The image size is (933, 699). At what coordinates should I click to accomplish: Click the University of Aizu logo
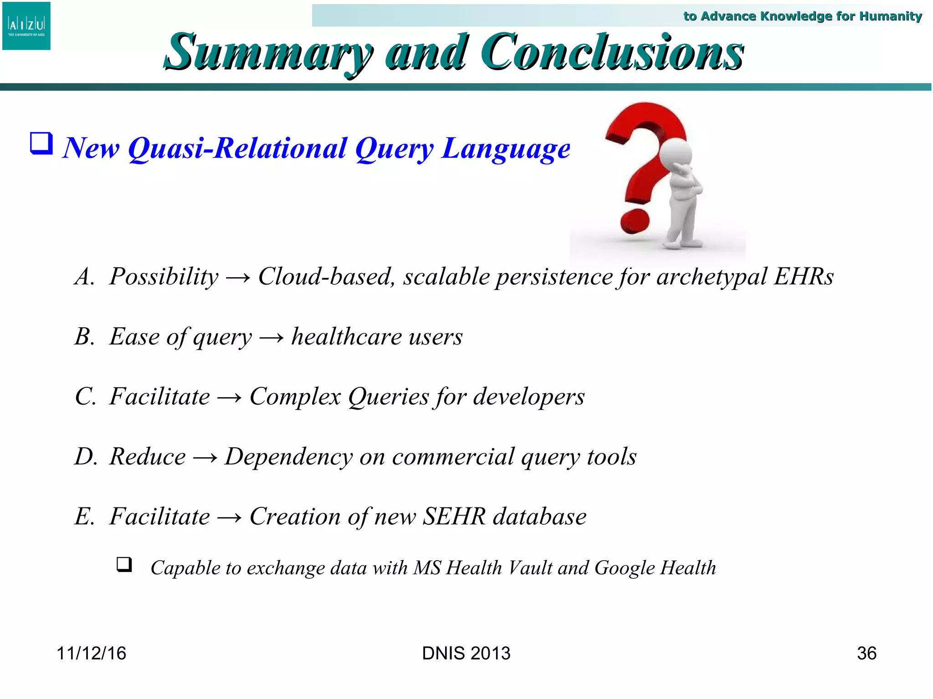click(26, 26)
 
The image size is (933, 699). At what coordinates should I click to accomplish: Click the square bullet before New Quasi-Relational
click(41, 143)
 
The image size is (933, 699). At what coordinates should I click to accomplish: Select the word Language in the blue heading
click(506, 149)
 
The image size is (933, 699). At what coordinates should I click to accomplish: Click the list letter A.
click(84, 277)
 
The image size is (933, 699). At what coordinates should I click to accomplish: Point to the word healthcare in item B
click(346, 337)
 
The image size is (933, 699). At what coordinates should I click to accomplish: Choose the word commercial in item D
click(453, 456)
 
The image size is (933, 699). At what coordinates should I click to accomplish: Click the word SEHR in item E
click(454, 517)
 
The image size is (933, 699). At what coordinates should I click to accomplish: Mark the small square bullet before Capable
click(124, 564)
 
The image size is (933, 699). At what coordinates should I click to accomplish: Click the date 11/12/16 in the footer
click(91, 653)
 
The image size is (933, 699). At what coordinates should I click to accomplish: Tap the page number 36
click(866, 653)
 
